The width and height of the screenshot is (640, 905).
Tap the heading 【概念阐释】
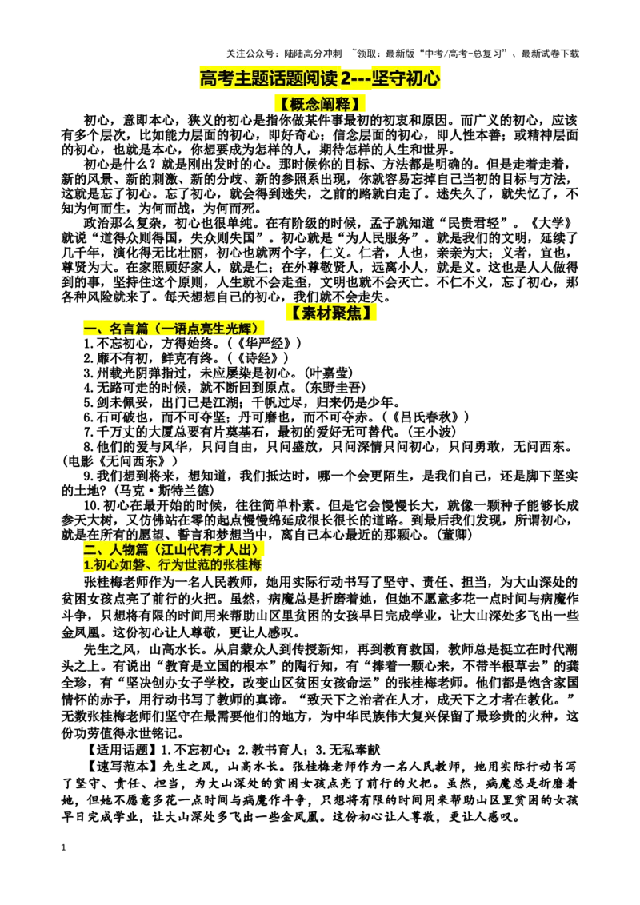[x=319, y=105]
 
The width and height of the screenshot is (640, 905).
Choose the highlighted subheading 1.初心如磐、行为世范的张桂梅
[x=173, y=564]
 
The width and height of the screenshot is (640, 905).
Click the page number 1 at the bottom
[x=63, y=848]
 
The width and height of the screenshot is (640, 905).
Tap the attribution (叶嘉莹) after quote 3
[x=327, y=373]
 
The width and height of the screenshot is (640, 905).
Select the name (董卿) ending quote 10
[x=456, y=535]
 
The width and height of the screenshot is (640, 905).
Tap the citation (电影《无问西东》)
[x=119, y=461]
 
